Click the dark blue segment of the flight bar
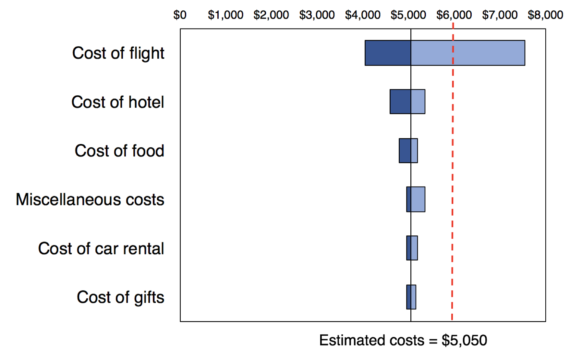(x=388, y=53)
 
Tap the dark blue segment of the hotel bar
(x=400, y=102)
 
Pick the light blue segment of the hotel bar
(x=418, y=102)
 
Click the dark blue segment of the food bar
(x=405, y=150)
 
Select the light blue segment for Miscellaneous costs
(x=418, y=199)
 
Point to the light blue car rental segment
(x=414, y=248)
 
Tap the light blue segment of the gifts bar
(x=413, y=297)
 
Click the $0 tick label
(x=180, y=15)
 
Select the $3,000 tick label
(x=317, y=15)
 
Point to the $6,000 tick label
(x=454, y=15)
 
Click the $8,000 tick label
(x=545, y=15)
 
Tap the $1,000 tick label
(x=225, y=15)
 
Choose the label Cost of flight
(x=118, y=53)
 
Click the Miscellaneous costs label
(x=90, y=199)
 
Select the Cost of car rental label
(x=101, y=248)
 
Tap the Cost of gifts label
(x=120, y=297)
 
